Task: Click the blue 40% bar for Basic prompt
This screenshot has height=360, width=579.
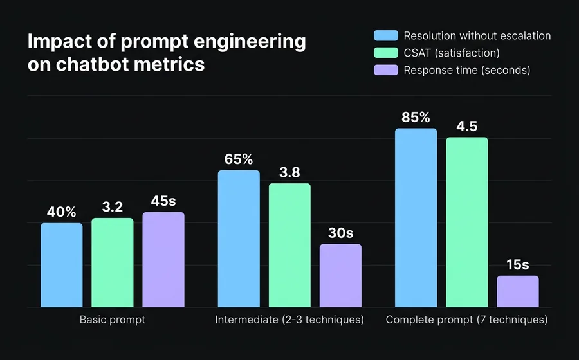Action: coord(62,265)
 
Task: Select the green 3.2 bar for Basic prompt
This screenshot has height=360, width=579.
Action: coord(113,262)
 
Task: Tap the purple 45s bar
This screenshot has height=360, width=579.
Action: coord(163,259)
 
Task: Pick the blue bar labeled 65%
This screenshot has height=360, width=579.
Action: coord(239,239)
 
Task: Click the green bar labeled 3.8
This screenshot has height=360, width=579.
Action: coord(289,245)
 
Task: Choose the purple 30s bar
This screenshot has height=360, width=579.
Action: coord(340,275)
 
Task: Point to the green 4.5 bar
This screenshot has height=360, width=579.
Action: coord(466,222)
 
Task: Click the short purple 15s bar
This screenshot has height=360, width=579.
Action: coord(517,291)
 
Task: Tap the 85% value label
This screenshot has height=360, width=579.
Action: coord(416,118)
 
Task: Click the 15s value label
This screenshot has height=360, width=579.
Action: coord(517,265)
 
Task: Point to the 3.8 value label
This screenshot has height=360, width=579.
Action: coord(289,172)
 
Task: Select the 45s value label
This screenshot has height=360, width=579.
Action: coord(163,201)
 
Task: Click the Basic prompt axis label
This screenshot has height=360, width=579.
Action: coord(113,319)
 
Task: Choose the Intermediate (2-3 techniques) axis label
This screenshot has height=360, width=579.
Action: coord(289,319)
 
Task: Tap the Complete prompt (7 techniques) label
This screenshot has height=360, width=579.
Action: coord(466,319)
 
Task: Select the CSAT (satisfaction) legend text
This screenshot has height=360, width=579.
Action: coord(451,53)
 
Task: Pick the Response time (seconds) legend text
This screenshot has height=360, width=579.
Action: coord(466,70)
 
